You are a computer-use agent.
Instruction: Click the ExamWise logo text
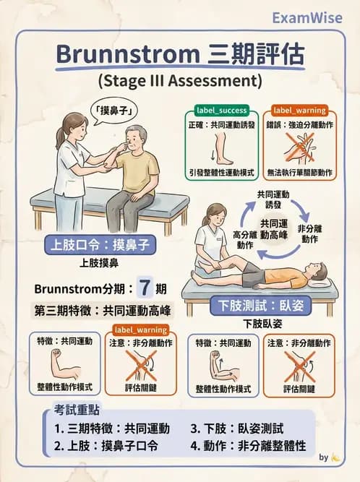304,17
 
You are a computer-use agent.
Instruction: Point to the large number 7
145,288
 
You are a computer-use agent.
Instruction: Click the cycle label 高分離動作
241,240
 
